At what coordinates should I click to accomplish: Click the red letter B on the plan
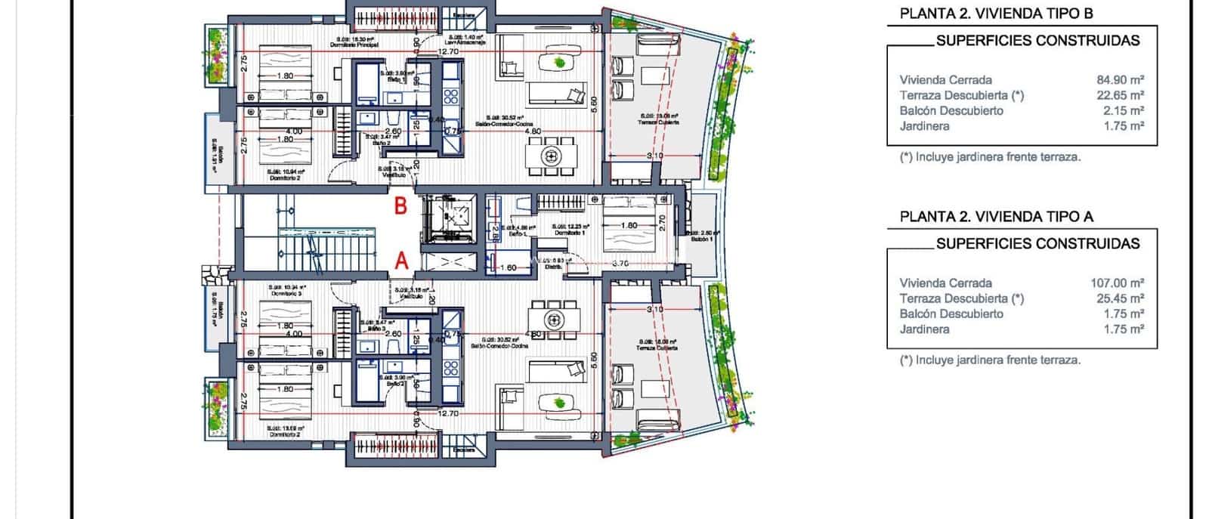point(401,205)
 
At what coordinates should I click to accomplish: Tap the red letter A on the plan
point(401,261)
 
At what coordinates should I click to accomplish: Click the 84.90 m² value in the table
point(1120,79)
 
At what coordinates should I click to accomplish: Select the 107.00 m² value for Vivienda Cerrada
point(1117,283)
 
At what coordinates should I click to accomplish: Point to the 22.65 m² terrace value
point(1120,95)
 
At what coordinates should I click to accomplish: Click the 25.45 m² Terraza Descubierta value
point(1120,298)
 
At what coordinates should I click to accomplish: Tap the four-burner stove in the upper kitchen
point(451,96)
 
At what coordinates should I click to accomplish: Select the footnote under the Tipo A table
point(990,360)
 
